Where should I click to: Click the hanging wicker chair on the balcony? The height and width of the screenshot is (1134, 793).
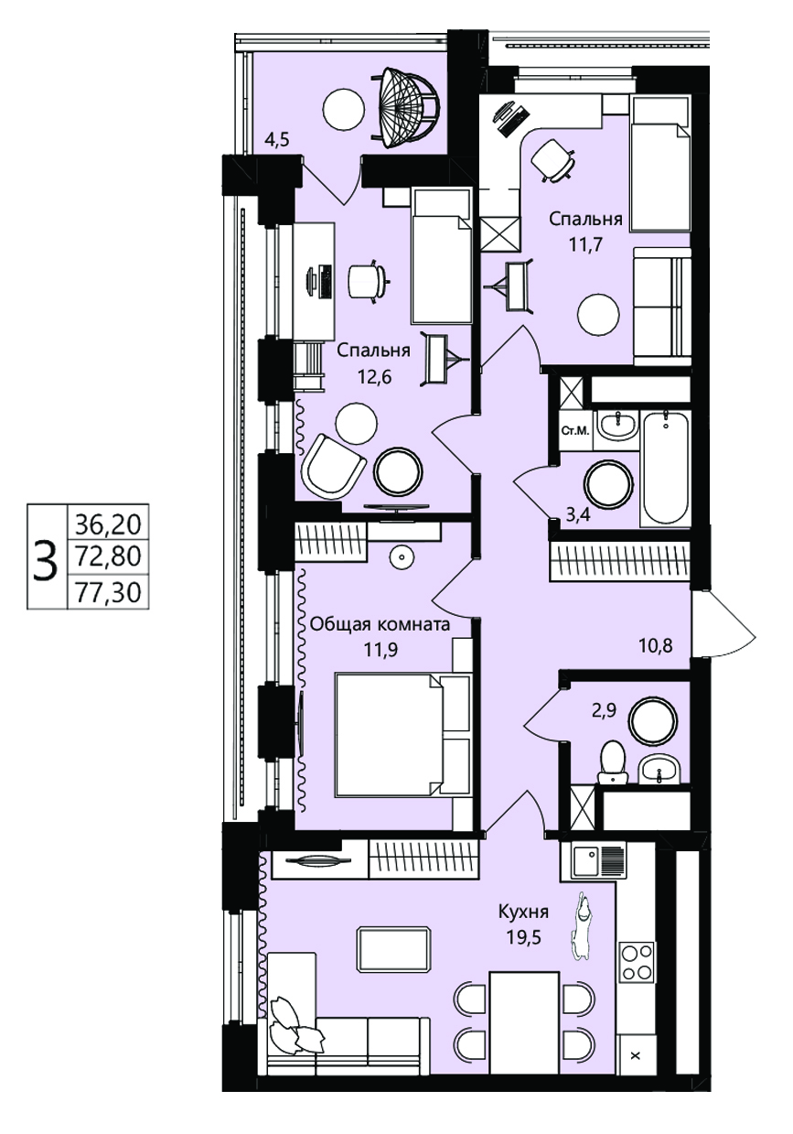click(405, 108)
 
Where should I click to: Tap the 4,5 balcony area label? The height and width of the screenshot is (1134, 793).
click(277, 139)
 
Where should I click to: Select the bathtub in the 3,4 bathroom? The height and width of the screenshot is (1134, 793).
click(666, 468)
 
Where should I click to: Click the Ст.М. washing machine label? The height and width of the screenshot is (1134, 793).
click(575, 431)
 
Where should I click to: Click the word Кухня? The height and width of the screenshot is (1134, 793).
click(523, 913)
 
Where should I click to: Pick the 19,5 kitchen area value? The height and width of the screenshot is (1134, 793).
click(524, 937)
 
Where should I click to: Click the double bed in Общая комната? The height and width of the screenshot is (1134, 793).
click(402, 734)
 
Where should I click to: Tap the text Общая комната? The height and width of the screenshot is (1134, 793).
click(380, 624)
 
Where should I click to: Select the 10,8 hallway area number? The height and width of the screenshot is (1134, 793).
click(656, 645)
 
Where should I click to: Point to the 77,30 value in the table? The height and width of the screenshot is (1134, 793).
click(108, 592)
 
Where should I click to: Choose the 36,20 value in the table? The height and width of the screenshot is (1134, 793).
click(108, 524)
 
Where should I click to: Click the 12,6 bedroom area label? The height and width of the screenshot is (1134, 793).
click(375, 377)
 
